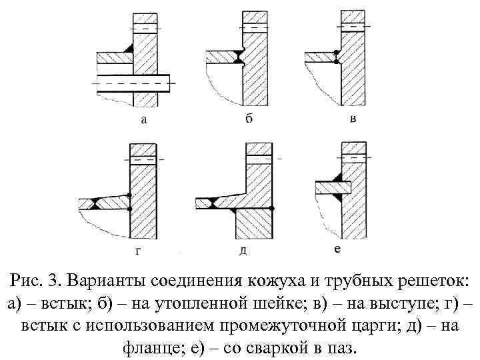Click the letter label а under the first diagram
[x=144, y=121]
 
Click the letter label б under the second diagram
[x=248, y=119]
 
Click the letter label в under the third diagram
[x=353, y=119]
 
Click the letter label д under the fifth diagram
[x=243, y=251]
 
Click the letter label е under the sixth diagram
[x=337, y=249]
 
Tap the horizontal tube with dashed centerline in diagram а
[x=133, y=83]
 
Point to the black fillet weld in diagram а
[x=128, y=49]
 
